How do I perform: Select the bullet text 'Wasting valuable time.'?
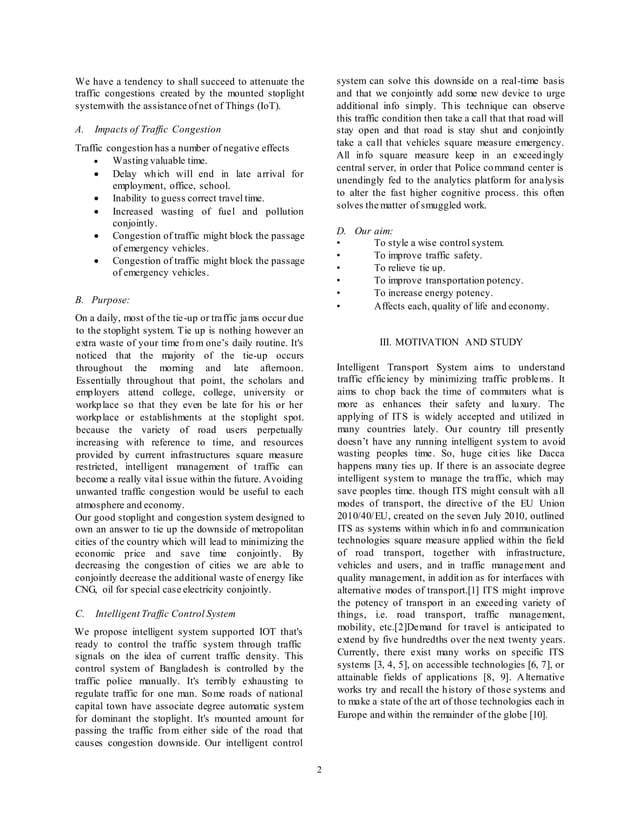tap(160, 160)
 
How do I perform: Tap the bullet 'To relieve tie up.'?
tap(409, 268)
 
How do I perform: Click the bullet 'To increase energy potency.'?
tap(433, 293)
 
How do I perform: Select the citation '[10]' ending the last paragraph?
tap(536, 717)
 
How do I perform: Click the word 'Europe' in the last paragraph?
tap(355, 717)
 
